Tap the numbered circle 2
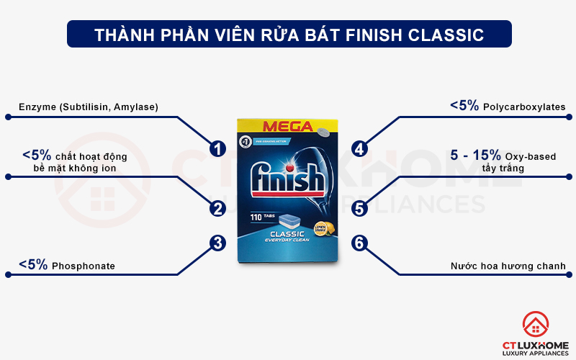[217, 209]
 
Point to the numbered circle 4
[359, 149]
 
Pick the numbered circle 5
[359, 209]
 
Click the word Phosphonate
[83, 266]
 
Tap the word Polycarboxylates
[524, 107]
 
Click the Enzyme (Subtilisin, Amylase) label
[89, 107]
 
